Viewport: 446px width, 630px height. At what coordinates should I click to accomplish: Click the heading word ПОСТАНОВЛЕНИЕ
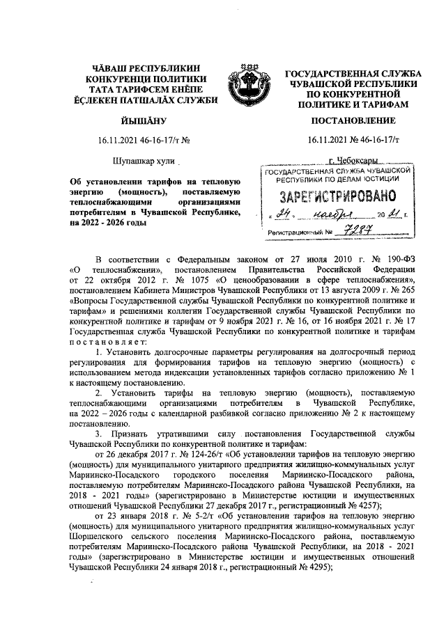pos(351,120)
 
